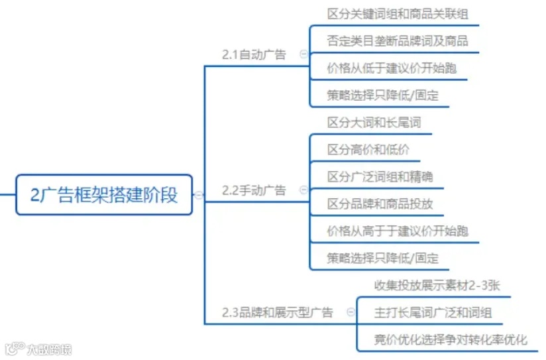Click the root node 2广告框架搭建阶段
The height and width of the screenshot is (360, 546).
pyautogui.click(x=104, y=195)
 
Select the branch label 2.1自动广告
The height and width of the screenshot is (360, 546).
pyautogui.click(x=254, y=55)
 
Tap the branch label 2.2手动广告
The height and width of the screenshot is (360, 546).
pyautogui.click(x=254, y=190)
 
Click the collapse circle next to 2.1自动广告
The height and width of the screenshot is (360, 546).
pyautogui.click(x=304, y=55)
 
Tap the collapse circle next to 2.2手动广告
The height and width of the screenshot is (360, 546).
pyautogui.click(x=304, y=190)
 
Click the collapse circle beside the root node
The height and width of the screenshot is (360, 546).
pyautogui.click(x=199, y=195)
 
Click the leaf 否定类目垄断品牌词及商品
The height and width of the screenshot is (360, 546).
pyautogui.click(x=398, y=40)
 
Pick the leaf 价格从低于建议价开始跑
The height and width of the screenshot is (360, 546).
pyautogui.click(x=392, y=68)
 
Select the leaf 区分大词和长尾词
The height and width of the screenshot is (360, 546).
pyautogui.click(x=374, y=123)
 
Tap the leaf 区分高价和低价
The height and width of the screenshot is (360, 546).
pyautogui.click(x=368, y=150)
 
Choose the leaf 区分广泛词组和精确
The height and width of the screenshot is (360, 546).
pyautogui.click(x=380, y=177)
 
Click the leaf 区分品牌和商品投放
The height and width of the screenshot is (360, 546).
pyautogui.click(x=380, y=204)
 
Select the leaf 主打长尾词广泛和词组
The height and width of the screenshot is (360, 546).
pyautogui.click(x=433, y=312)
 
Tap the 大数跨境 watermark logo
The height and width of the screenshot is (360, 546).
pyautogui.click(x=38, y=349)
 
